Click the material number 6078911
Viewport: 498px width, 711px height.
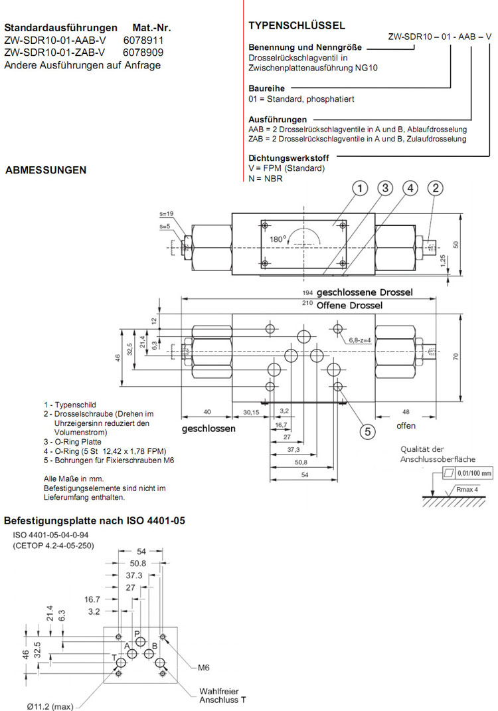point(143,41)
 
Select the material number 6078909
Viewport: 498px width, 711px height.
point(143,52)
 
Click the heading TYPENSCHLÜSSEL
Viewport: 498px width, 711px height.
point(296,26)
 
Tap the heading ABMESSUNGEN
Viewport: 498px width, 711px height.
point(46,170)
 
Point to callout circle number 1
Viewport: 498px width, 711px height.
point(359,189)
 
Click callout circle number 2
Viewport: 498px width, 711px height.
point(435,189)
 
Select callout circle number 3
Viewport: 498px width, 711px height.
point(384,189)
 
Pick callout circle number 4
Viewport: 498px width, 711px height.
point(410,189)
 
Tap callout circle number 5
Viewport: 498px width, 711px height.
point(367,431)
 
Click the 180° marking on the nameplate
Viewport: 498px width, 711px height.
point(278,239)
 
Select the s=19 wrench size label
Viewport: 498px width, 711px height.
point(166,214)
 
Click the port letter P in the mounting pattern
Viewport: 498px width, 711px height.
point(137,634)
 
